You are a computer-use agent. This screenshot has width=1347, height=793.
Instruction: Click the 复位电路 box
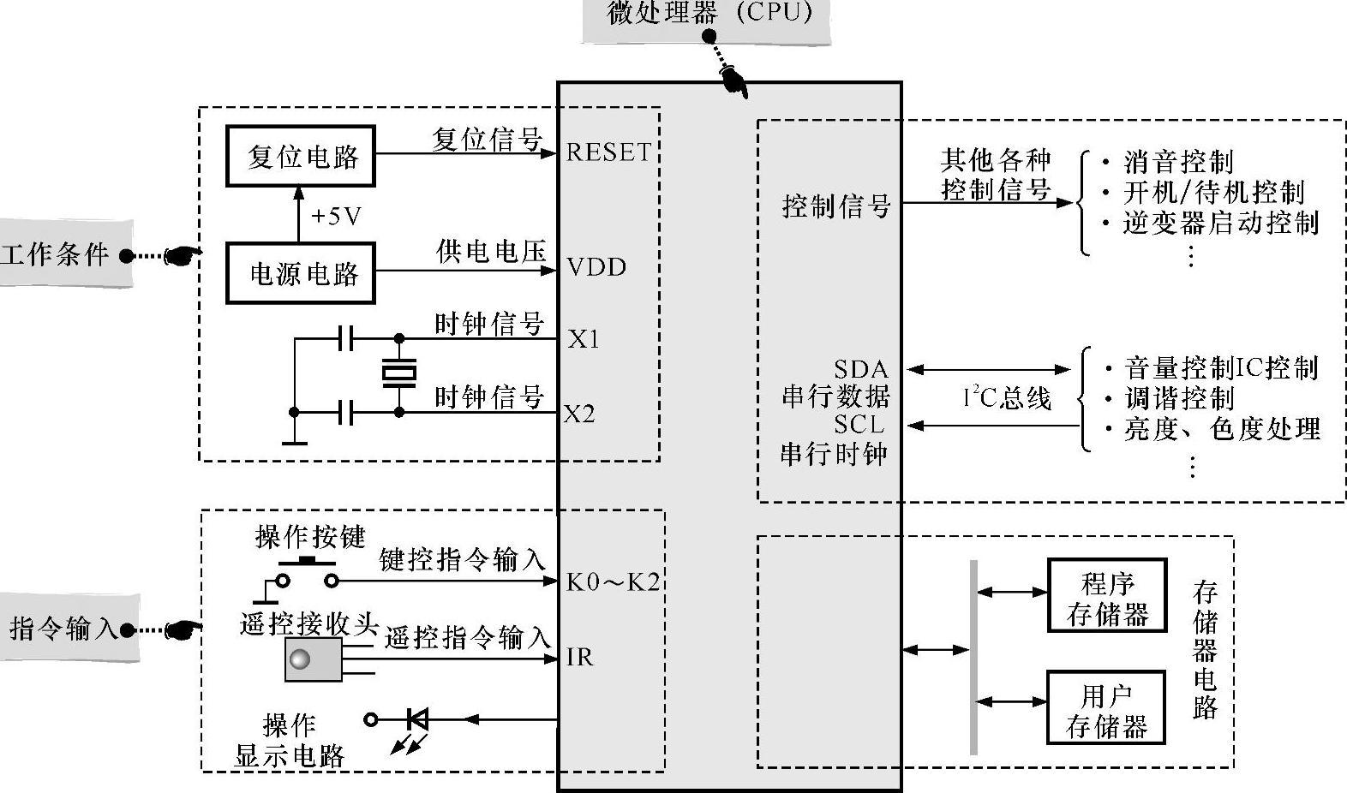point(301,157)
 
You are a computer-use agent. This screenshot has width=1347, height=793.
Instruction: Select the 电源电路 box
point(301,273)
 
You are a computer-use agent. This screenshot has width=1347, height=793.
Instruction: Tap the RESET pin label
point(608,152)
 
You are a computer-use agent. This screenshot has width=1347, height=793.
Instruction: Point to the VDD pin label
point(596,267)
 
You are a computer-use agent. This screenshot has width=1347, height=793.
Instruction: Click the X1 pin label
point(584,340)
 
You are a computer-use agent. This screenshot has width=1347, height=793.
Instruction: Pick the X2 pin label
point(580,414)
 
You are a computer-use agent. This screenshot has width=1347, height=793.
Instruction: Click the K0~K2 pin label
point(613,583)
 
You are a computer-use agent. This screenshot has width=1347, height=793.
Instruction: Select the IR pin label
point(579,657)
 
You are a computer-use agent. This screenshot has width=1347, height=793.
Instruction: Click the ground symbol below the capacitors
point(294,442)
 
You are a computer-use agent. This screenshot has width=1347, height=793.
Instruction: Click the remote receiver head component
point(314,660)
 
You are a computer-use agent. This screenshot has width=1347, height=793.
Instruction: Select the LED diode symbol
point(417,719)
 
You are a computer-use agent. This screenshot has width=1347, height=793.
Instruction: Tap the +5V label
point(336,216)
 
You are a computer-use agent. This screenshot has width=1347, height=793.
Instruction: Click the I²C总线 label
point(1007,397)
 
